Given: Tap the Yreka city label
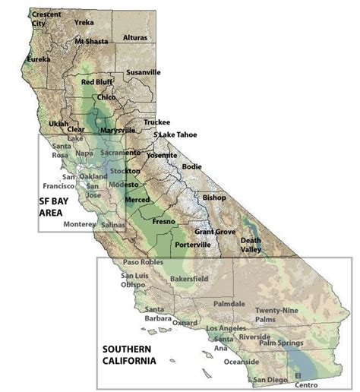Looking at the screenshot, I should tap(84, 23).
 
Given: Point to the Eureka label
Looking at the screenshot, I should tap(39, 58).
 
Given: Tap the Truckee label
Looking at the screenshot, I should tap(156, 122).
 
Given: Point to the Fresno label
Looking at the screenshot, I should tap(163, 221).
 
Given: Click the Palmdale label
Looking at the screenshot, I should tap(229, 303).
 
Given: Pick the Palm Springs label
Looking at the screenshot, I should tap(282, 343).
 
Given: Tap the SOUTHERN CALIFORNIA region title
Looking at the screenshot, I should tap(129, 356).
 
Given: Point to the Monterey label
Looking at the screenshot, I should tap(79, 224).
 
